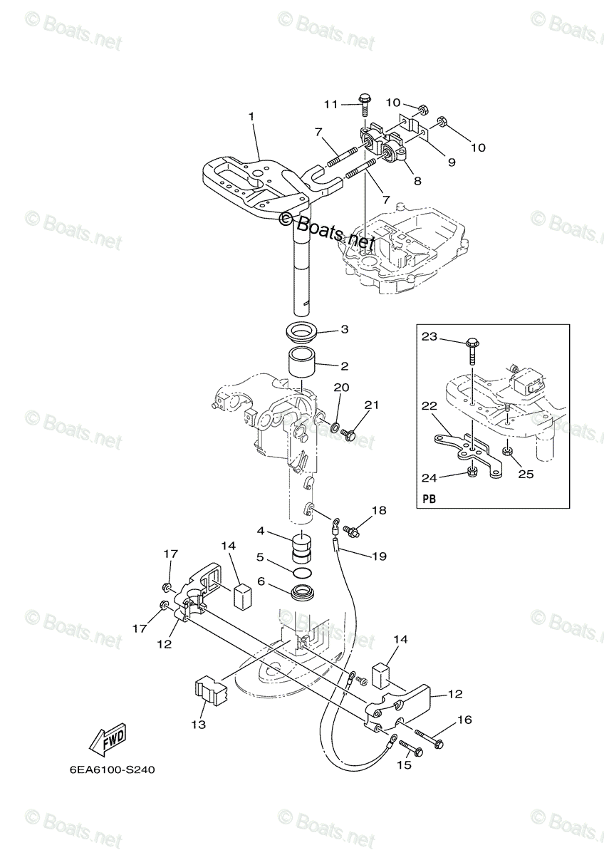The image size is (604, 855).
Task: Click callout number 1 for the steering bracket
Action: (251, 116)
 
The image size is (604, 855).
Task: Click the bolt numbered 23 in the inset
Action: (474, 347)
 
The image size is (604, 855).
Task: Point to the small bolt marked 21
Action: (350, 432)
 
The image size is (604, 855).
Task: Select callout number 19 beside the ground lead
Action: (379, 556)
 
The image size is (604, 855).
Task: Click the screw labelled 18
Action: (351, 530)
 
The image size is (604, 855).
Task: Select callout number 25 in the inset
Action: (526, 474)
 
